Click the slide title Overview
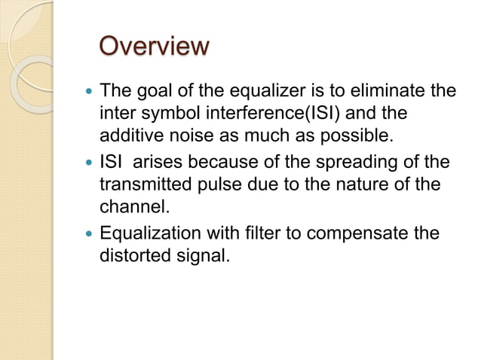[155, 47]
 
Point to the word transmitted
[142, 185]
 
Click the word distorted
[131, 255]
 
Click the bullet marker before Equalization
[89, 233]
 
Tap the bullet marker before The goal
[89, 93]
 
